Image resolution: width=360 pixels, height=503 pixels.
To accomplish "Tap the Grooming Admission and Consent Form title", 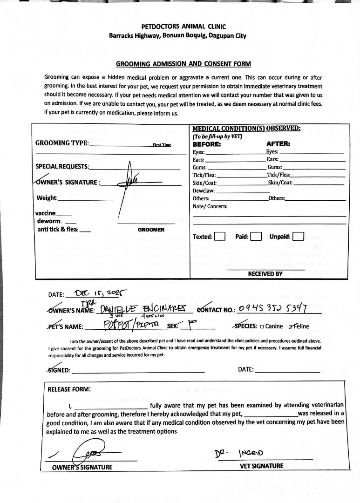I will pos(183,64).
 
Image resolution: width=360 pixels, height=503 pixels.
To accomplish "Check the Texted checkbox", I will pos(220,237).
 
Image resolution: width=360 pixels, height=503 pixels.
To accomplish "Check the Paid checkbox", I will pos(256,237).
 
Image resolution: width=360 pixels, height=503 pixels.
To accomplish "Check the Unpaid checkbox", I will pos(298,237).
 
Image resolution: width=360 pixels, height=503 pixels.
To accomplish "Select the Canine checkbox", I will pos(262,326).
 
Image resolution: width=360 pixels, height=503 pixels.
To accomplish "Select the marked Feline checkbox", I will pos(291,326).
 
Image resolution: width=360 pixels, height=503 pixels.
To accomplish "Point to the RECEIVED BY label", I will pos(265,274).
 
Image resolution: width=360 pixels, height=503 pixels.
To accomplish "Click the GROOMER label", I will pos(151,230).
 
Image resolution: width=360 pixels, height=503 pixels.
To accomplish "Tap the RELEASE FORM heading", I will pos(69,389).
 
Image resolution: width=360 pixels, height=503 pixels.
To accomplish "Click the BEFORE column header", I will pos(206,144).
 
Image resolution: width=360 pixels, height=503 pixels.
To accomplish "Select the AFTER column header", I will pos(278,144).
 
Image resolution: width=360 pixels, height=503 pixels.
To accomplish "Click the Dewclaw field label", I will pos(204,190).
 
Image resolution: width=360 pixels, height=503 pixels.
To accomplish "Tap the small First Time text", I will pos(162,145).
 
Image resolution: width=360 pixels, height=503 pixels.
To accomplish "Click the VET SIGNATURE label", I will pos(261,466).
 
